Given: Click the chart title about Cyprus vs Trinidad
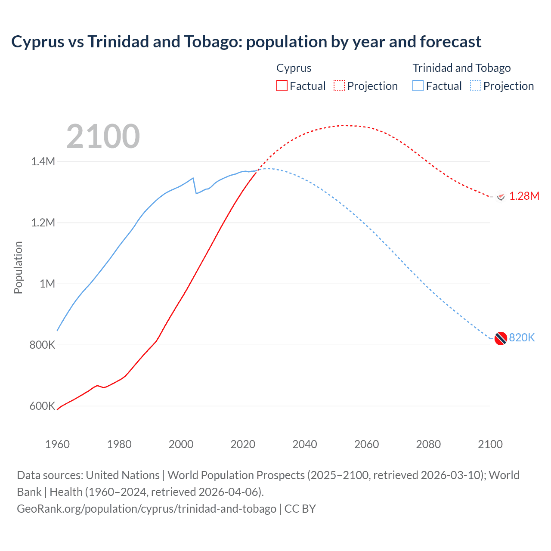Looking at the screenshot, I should click(246, 42).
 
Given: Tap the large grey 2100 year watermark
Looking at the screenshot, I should click(103, 136).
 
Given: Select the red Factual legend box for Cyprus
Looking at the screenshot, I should click(282, 86).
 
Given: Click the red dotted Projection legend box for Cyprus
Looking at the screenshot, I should click(339, 86).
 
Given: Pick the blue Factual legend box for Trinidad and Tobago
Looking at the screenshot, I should click(418, 86).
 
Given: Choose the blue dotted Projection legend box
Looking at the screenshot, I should click(476, 86).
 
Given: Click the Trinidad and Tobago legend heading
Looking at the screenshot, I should click(461, 68).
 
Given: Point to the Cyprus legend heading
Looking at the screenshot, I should click(294, 68).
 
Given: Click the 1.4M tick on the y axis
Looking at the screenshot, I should click(43, 161).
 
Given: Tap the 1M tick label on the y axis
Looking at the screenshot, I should click(47, 284).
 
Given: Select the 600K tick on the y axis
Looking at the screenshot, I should click(42, 406).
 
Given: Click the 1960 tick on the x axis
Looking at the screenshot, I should click(57, 444).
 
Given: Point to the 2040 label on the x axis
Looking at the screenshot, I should click(305, 444).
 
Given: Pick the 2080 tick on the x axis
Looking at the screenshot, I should click(428, 444).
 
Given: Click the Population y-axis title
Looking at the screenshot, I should click(18, 267).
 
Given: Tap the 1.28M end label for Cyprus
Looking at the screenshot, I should click(524, 196).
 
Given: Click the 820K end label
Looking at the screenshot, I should click(521, 338).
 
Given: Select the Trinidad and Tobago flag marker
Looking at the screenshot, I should click(501, 339).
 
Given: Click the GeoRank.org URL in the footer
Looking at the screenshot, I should click(146, 509).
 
